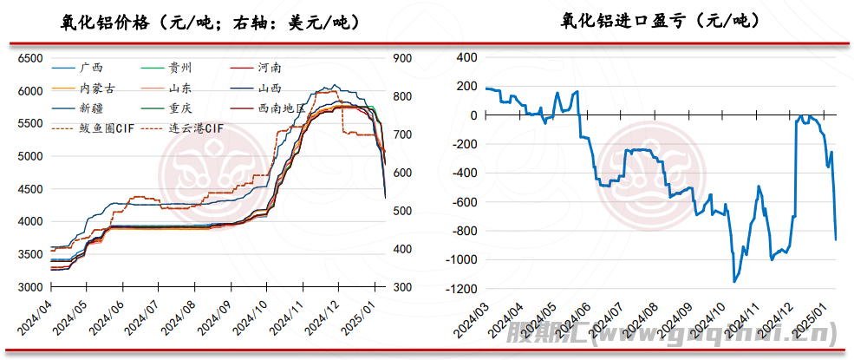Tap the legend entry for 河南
pos(270,67)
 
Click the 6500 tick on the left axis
pos(30,58)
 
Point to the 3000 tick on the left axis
pos(30,287)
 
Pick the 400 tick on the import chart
pos(466,57)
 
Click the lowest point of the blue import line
pos(735,282)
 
